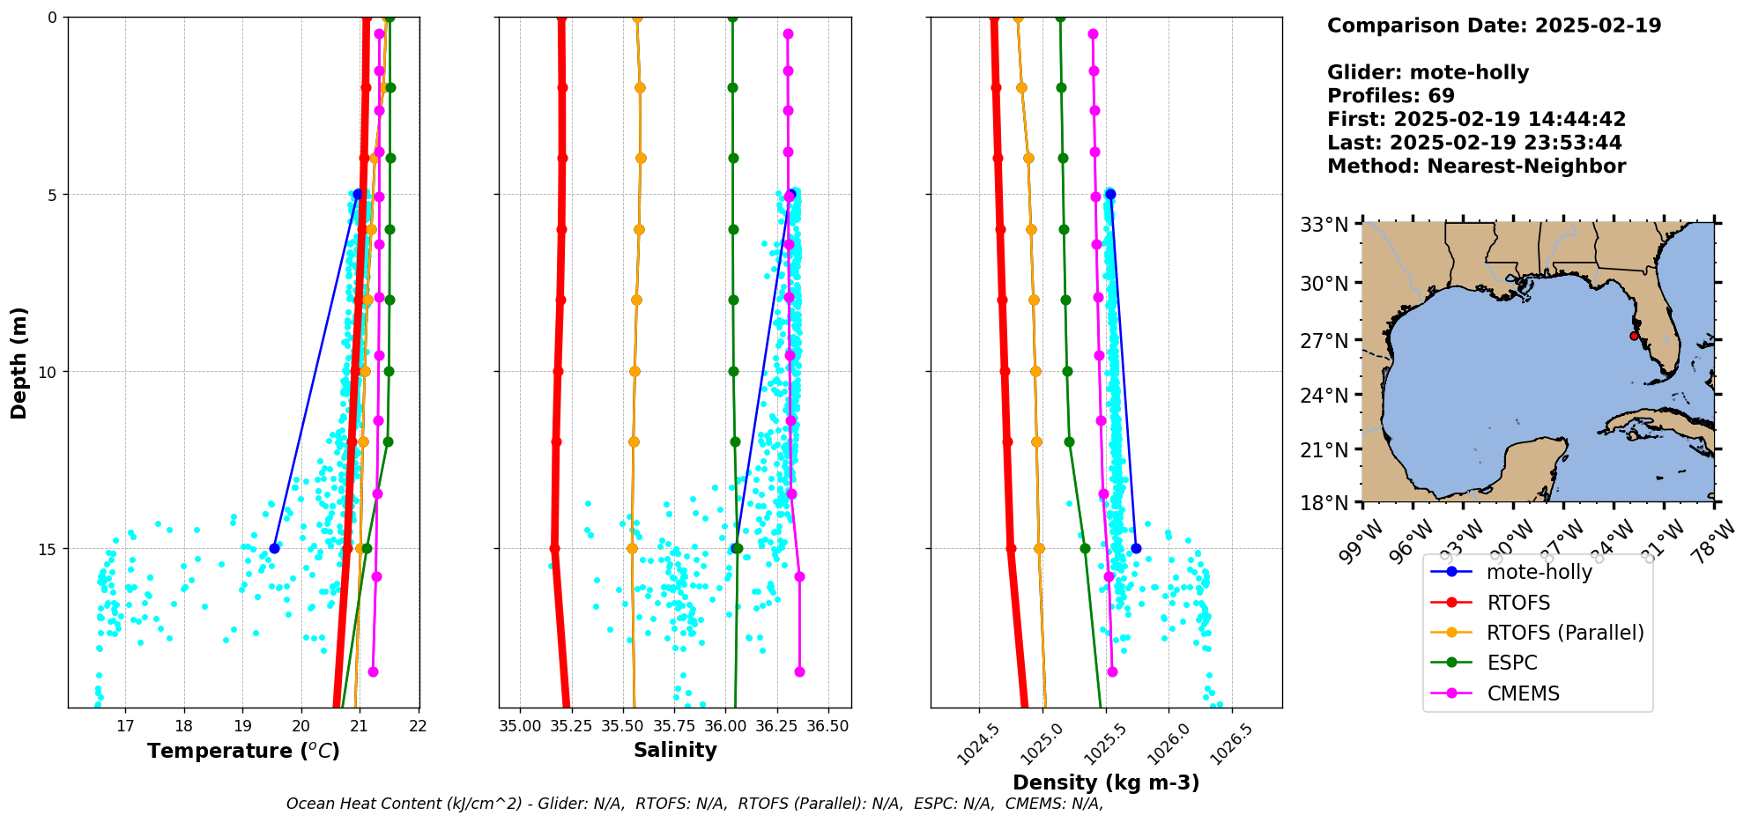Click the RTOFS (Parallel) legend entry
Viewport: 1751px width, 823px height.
click(x=1565, y=633)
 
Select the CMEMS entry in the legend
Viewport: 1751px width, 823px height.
click(x=1523, y=693)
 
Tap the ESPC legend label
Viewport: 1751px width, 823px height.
click(x=1511, y=663)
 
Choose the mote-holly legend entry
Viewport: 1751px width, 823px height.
click(x=1539, y=572)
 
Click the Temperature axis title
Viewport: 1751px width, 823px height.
click(x=243, y=751)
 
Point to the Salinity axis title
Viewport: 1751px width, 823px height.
click(x=675, y=750)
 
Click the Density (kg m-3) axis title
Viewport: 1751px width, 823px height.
click(x=1106, y=782)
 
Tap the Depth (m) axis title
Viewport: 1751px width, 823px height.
click(x=19, y=362)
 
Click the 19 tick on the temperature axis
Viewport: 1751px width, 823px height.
click(x=242, y=726)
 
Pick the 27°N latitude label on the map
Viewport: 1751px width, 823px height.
click(x=1324, y=341)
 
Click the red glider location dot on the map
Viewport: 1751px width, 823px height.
click(x=1634, y=336)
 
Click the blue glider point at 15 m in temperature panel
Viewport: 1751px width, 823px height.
click(x=274, y=548)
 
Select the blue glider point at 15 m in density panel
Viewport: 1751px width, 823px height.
click(x=1136, y=548)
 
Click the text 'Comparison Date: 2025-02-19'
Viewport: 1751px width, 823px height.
click(x=1494, y=26)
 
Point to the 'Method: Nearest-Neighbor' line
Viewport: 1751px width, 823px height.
click(x=1476, y=166)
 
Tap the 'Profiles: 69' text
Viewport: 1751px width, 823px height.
click(x=1391, y=96)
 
